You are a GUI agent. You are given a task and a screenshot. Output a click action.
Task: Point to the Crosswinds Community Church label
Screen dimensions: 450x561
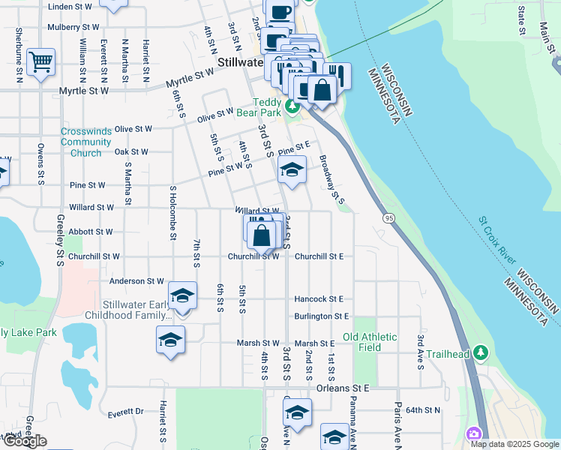(x=86, y=142)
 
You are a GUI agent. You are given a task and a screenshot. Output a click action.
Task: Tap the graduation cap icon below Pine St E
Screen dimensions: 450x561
(x=292, y=169)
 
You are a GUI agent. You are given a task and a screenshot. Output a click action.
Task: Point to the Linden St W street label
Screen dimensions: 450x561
(x=70, y=6)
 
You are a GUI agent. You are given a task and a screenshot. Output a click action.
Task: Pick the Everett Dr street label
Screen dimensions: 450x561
(x=125, y=412)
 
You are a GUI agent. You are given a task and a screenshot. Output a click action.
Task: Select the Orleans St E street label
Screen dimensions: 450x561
(x=343, y=388)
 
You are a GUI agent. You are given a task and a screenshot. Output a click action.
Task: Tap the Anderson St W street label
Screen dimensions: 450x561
(x=136, y=281)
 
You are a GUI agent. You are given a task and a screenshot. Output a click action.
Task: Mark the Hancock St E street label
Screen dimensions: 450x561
(x=319, y=298)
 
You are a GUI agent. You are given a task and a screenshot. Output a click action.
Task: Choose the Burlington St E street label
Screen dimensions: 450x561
(x=322, y=317)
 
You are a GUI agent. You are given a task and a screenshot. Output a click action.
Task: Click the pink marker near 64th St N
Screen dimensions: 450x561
(x=474, y=433)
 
